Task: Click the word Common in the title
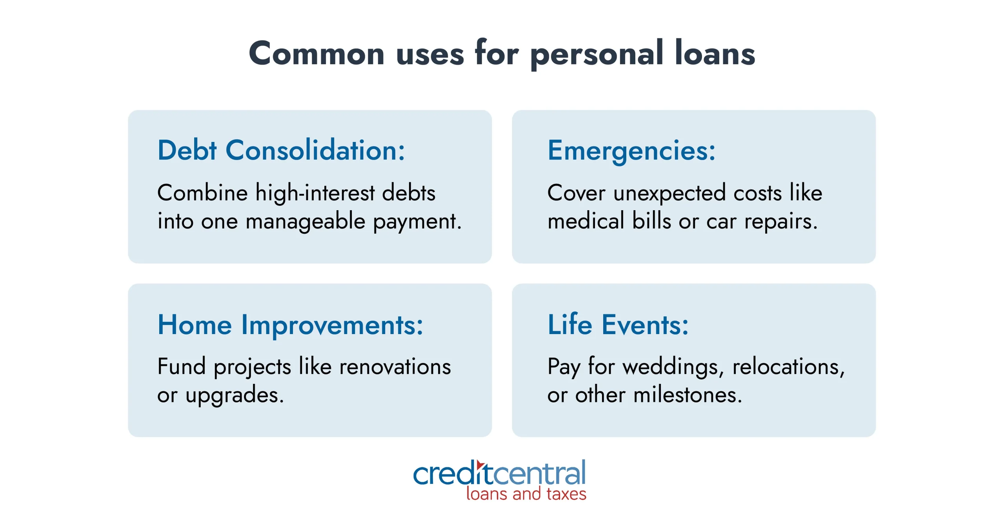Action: coord(317,53)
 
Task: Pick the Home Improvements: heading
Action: coord(290,325)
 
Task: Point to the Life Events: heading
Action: coord(618,324)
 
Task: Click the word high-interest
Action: coord(315,193)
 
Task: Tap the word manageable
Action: coord(306,222)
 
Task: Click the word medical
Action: coord(586,221)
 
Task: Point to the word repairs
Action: coord(781,222)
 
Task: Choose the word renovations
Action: coord(395,367)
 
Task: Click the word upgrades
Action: coord(235,396)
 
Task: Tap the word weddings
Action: coord(673,367)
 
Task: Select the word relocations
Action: coord(789,367)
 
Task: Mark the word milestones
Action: coord(688,395)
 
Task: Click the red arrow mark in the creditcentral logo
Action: coord(480,465)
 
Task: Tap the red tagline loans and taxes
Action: coord(526,494)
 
